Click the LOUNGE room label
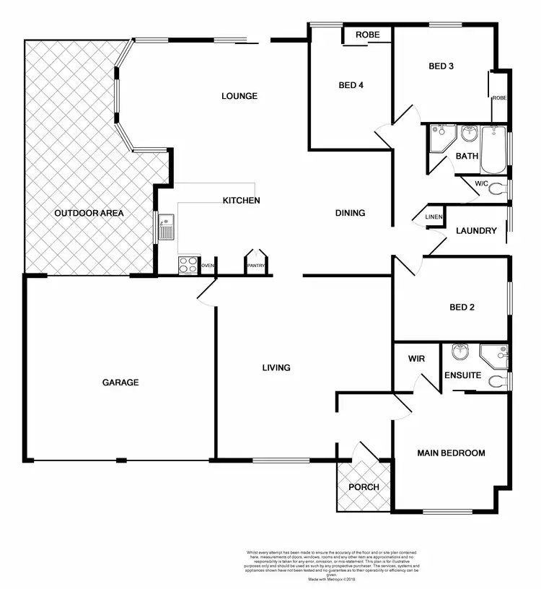pyautogui.click(x=239, y=96)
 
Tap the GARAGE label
pyautogui.click(x=120, y=382)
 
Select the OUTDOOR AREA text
pyautogui.click(x=90, y=213)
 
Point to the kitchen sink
pyautogui.click(x=166, y=227)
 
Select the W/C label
pyautogui.click(x=482, y=184)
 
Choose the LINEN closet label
pyautogui.click(x=434, y=217)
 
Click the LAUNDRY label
pyautogui.click(x=476, y=231)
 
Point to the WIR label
pyautogui.click(x=416, y=358)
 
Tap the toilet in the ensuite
pyautogui.click(x=498, y=380)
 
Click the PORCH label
pyautogui.click(x=364, y=487)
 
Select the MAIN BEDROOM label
pyautogui.click(x=451, y=453)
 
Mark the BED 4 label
pyautogui.click(x=351, y=85)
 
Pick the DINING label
pyautogui.click(x=351, y=213)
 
